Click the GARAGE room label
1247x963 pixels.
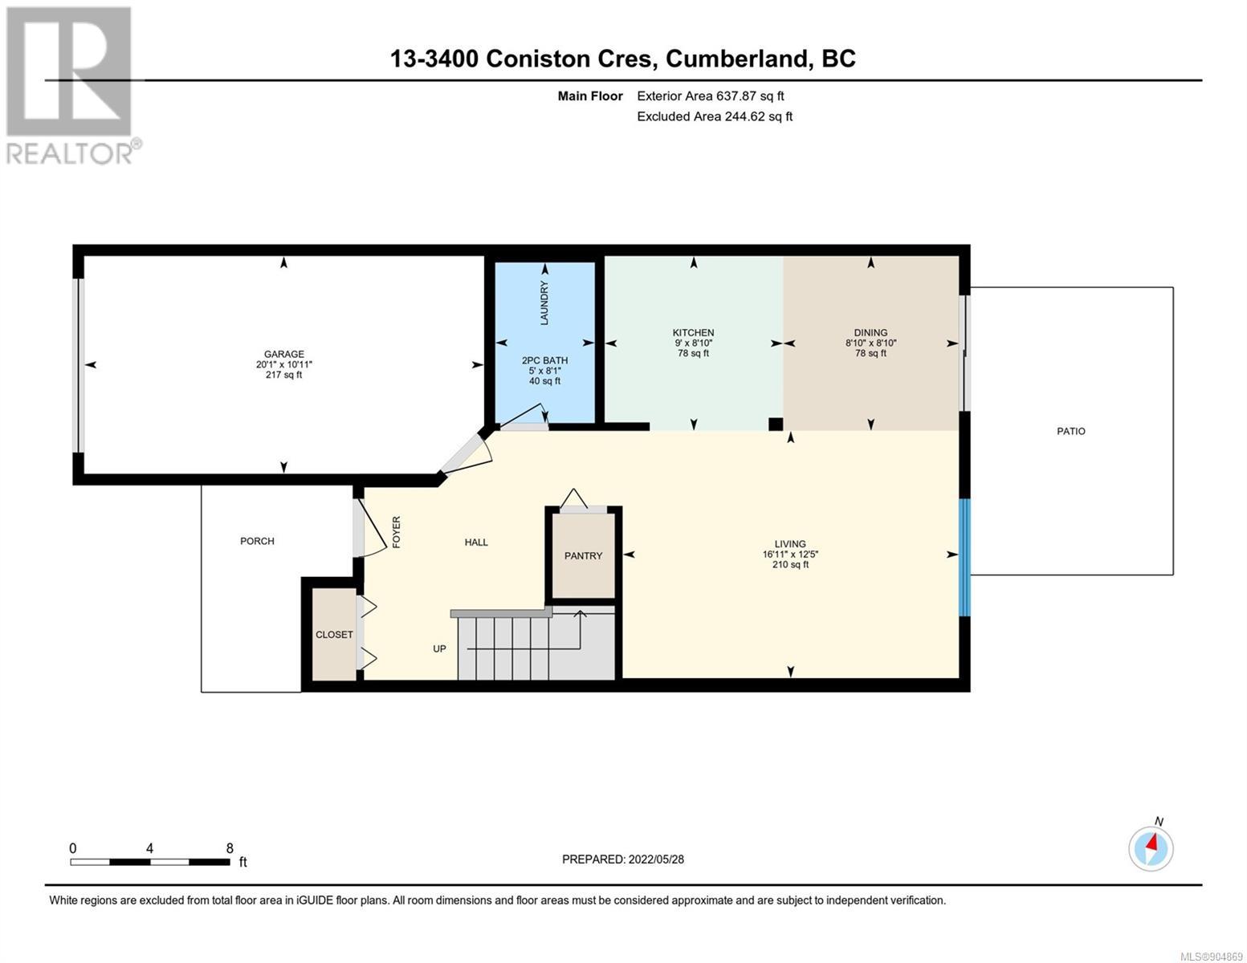tap(283, 354)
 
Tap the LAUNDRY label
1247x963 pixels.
tap(544, 303)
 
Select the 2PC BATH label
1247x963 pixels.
tap(544, 360)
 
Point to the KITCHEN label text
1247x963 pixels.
tap(693, 333)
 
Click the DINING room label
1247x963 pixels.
tap(870, 333)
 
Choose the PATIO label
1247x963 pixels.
tap(1071, 431)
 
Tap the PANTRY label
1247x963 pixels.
tap(583, 556)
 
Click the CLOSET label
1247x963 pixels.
tap(334, 634)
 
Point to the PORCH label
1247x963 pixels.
tap(257, 541)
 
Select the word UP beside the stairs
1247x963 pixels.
tap(439, 648)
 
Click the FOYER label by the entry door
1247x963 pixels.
tap(396, 532)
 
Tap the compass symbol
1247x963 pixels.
tap(1151, 848)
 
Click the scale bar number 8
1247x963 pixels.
tap(230, 848)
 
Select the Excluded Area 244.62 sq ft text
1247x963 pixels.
tap(715, 116)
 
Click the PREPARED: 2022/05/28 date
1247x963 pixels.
tap(622, 859)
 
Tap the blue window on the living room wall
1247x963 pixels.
tap(964, 557)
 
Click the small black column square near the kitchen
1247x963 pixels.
tap(776, 424)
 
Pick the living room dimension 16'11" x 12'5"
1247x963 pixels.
tap(790, 554)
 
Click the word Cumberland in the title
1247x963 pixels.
tap(736, 59)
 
